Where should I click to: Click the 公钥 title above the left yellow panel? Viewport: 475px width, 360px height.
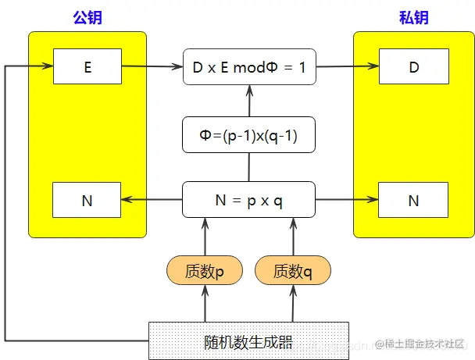tap(87, 17)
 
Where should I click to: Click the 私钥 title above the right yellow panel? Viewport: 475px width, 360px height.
tap(413, 17)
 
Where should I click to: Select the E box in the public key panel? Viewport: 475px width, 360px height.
tap(87, 66)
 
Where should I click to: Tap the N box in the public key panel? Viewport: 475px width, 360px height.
tap(87, 201)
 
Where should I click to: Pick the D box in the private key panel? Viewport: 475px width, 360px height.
tap(413, 66)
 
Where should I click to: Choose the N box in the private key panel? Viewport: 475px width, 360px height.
tap(413, 201)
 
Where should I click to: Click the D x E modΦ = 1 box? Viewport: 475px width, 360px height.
tap(249, 66)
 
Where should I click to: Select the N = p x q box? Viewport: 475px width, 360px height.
tap(249, 200)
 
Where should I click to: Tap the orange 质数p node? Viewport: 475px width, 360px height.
tap(205, 271)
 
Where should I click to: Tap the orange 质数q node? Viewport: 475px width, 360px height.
tap(293, 271)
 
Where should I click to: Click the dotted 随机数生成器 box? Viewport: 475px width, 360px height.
tap(249, 340)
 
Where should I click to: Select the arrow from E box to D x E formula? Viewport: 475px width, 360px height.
tap(152, 66)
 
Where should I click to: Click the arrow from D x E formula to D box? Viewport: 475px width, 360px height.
tap(347, 66)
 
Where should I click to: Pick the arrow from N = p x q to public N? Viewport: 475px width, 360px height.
tap(152, 201)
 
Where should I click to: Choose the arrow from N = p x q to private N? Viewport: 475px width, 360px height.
tap(347, 201)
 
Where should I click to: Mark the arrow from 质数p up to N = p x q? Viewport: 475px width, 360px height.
tap(205, 237)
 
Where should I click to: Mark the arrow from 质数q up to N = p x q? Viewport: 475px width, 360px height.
tap(293, 237)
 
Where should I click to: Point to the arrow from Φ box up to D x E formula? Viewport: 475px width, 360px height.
tap(249, 101)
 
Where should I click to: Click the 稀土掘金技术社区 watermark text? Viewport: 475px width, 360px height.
tap(422, 344)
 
